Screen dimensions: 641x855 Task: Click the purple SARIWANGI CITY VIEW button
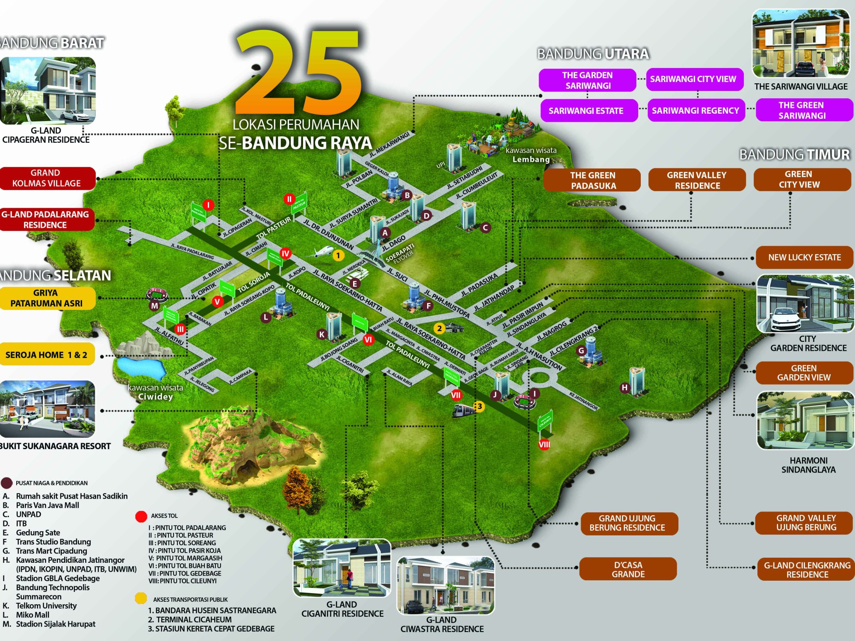[x=694, y=79]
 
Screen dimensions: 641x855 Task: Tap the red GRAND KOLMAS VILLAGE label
[x=47, y=178]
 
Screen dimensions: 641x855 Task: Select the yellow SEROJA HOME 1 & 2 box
[x=47, y=354]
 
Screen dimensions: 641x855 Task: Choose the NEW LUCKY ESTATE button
[x=804, y=257]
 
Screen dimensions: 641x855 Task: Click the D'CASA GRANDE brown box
[x=628, y=569]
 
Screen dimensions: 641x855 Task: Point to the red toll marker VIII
[x=544, y=444]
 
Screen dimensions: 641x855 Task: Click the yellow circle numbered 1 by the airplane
[x=338, y=256]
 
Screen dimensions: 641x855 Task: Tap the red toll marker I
[x=208, y=205]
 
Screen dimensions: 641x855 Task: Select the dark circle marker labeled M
[x=155, y=306]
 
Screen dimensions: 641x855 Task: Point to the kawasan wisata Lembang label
[x=531, y=155]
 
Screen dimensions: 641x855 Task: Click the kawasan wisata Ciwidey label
[x=156, y=392]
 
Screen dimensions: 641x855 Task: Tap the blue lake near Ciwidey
[x=141, y=368]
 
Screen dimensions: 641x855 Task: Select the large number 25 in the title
[x=299, y=73]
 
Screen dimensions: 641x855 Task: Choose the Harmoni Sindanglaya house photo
[x=805, y=420]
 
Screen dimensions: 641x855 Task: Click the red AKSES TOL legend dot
[x=141, y=516]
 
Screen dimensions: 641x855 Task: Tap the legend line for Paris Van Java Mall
[x=47, y=505]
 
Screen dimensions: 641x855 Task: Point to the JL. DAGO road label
[x=394, y=243]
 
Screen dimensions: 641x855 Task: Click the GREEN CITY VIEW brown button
[x=802, y=179]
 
